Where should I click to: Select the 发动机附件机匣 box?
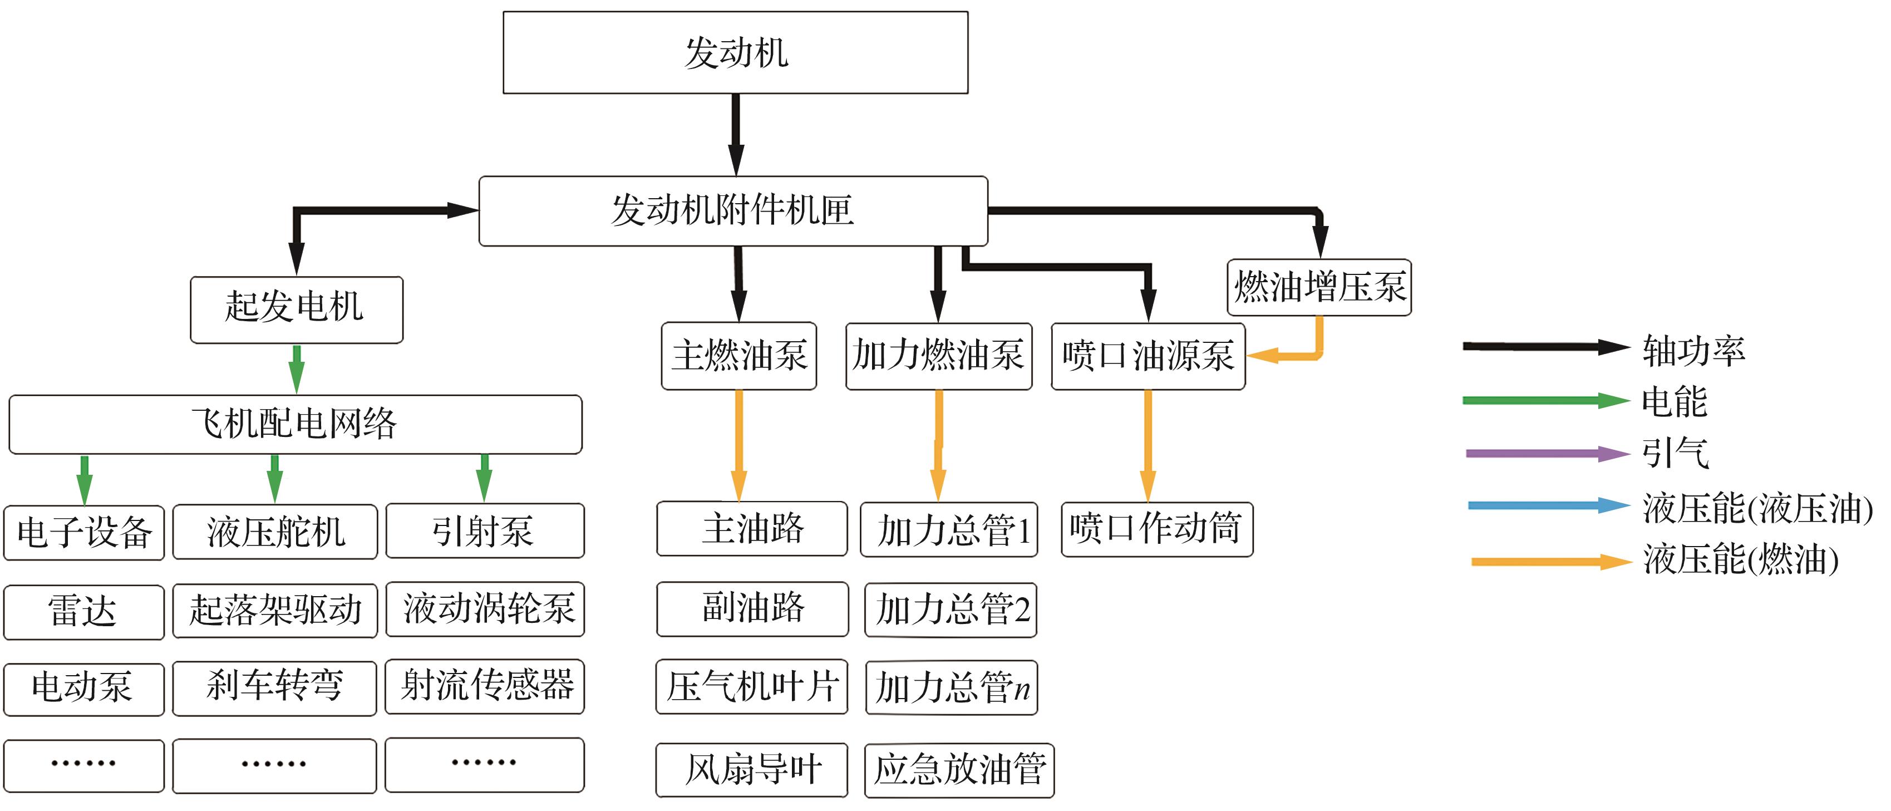(732, 210)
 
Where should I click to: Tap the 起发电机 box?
(296, 309)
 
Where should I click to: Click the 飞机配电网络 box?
(295, 424)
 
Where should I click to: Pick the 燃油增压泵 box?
(1318, 287)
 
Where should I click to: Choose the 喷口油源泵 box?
(1148, 356)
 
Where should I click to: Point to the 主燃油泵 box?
(738, 356)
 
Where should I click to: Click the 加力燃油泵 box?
(938, 356)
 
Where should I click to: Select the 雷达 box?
(83, 611)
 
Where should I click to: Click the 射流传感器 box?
(485, 686)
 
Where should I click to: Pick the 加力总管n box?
(952, 687)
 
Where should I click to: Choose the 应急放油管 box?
(959, 770)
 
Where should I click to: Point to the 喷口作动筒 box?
(1156, 529)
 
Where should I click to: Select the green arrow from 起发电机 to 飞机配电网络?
(297, 369)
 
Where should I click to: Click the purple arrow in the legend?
(1545, 454)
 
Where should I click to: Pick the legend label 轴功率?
(1693, 350)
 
